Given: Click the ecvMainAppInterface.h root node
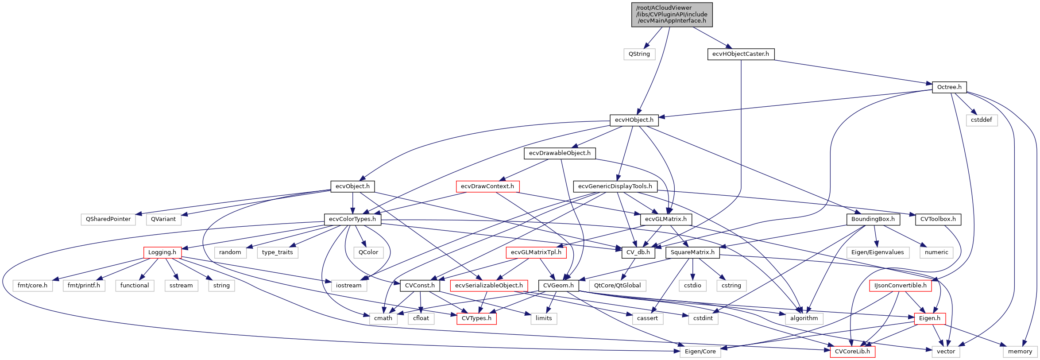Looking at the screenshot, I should point(672,15).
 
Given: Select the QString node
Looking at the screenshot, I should point(639,54).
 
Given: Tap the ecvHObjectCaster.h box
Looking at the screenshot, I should point(740,54).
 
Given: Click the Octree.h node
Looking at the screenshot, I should point(949,87).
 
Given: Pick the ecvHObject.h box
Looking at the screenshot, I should point(634,120).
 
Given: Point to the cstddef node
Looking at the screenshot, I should point(981,120).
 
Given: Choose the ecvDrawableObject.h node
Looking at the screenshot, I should point(559,153).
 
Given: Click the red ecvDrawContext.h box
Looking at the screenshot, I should point(487,186).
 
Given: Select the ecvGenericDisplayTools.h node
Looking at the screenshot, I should point(615,186).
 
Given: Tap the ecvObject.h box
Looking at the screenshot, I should point(352,186).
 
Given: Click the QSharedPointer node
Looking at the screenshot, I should point(108,219).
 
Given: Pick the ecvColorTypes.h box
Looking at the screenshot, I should point(352,219).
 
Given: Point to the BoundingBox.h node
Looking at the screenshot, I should point(872,219).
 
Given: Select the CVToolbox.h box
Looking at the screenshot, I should point(937,219).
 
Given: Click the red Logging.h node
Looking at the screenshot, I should point(162,252).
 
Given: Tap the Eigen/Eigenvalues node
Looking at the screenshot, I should point(877,252).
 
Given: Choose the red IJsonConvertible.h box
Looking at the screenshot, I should point(900,286).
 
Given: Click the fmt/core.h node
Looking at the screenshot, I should point(32,286).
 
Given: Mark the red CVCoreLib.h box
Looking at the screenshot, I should point(852,352).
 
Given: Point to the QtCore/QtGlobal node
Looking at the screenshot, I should point(617,286).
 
